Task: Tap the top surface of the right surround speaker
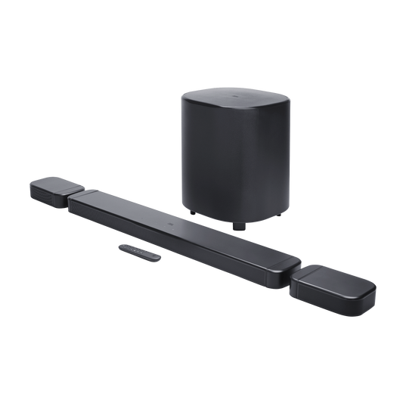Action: (336, 279)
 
